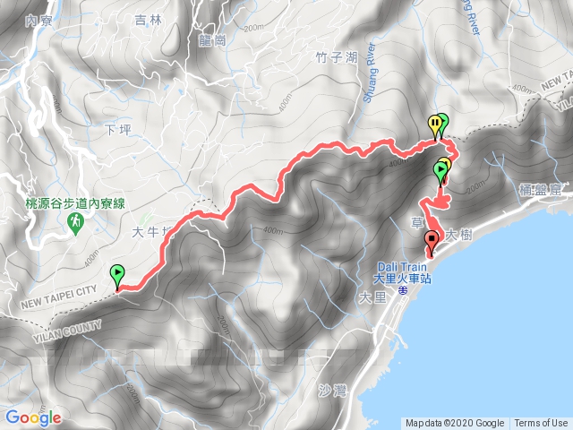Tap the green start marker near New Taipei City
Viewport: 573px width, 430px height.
pyautogui.click(x=117, y=273)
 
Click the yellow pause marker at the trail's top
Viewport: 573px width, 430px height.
pyautogui.click(x=434, y=125)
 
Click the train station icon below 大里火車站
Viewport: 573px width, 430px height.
pyautogui.click(x=404, y=289)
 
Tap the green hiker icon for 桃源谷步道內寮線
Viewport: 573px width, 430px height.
pyautogui.click(x=78, y=218)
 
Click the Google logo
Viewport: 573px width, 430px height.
pyautogui.click(x=32, y=417)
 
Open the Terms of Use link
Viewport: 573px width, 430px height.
pyautogui.click(x=542, y=424)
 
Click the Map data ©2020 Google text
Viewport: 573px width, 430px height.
pyautogui.click(x=456, y=424)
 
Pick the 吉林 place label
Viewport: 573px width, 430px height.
pyautogui.click(x=146, y=19)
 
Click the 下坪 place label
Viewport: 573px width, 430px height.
pyautogui.click(x=118, y=131)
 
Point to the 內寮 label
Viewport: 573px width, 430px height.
pyautogui.click(x=38, y=20)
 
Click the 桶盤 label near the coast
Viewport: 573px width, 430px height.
pyautogui.click(x=535, y=189)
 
